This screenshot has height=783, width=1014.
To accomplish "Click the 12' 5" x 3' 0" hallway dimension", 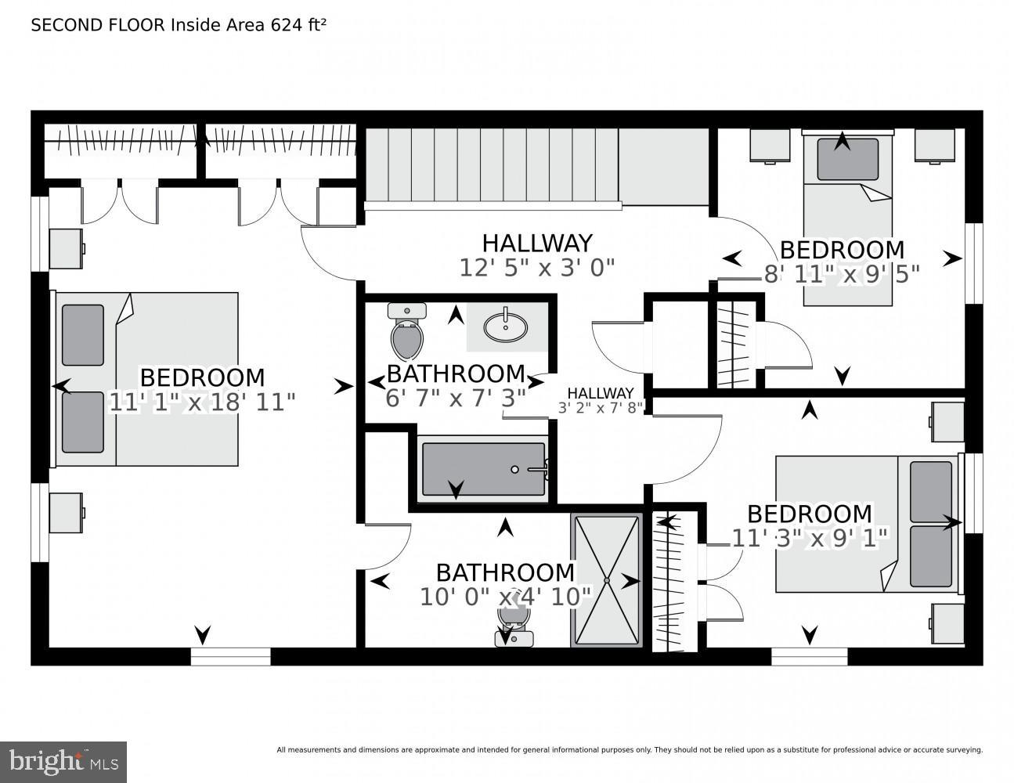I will (536, 268).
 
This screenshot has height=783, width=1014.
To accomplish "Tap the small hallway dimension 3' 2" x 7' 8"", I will (600, 408).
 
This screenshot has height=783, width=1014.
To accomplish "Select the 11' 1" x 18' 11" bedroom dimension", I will (202, 402).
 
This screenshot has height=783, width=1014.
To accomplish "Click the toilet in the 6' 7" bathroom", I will (407, 332).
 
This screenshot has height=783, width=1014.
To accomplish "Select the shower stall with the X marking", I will (605, 580).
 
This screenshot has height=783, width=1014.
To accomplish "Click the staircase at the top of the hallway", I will (492, 167).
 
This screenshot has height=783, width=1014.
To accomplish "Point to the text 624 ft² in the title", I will (298, 25).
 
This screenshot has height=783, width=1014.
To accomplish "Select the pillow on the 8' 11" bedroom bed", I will (847, 159).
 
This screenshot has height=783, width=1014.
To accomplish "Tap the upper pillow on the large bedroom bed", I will (83, 335).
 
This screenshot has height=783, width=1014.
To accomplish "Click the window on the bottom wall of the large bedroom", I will (230, 656).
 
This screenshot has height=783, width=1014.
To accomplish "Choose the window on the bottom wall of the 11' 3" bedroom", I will (809, 656).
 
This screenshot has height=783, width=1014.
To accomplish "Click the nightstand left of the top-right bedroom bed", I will (769, 146).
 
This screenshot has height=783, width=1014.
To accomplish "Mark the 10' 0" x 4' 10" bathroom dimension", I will (505, 597).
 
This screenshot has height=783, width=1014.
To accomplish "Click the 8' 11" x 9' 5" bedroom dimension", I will (842, 273).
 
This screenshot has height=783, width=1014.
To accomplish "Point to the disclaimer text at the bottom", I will (629, 749).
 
